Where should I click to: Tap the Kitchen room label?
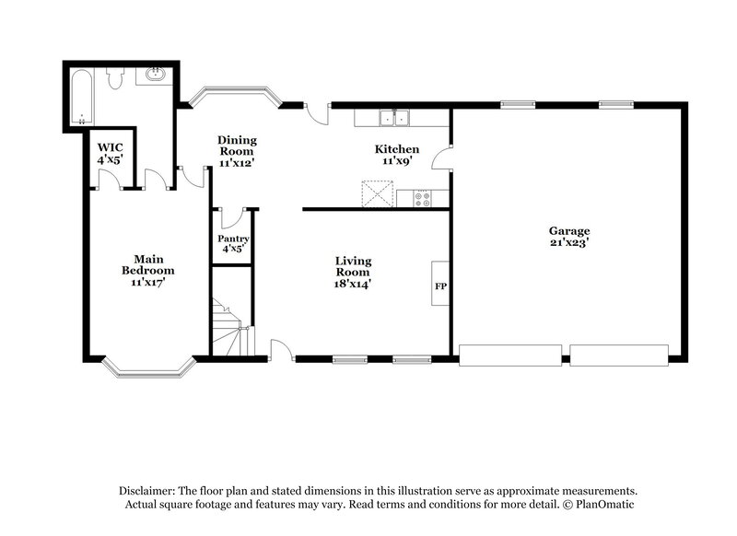coord(397,155)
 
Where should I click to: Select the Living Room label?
coord(352,272)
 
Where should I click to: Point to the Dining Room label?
coord(237,151)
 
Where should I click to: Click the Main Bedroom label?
coord(147,271)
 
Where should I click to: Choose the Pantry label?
coord(233,244)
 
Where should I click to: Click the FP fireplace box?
coord(440,286)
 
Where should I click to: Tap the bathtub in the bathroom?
coord(83,97)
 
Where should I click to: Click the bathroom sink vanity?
coord(157,76)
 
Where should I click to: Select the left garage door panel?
coord(509,355)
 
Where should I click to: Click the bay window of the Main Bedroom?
coord(147,368)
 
